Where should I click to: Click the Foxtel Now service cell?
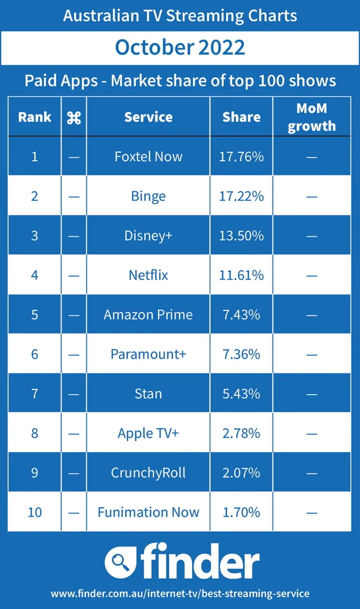coord(148,156)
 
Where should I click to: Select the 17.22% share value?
coord(241,196)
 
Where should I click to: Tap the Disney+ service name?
coord(148,236)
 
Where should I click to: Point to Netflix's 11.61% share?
coord(241,275)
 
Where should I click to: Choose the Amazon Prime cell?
coord(148,315)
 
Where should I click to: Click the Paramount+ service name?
coord(148,354)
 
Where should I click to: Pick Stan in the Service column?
coord(148,394)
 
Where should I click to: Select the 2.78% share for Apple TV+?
coord(241,433)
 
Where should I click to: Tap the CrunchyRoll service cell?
coord(148,473)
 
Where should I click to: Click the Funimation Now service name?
coord(148,512)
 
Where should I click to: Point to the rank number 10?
coord(34,512)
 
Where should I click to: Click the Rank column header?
coord(34,117)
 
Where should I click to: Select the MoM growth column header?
coord(312,117)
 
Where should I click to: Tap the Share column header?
coord(241,117)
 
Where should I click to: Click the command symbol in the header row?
coord(74,118)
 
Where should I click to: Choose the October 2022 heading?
coord(180,48)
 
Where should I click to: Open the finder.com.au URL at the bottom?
coord(180,593)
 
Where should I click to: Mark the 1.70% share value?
coord(241,512)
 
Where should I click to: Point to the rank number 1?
coord(34,156)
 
